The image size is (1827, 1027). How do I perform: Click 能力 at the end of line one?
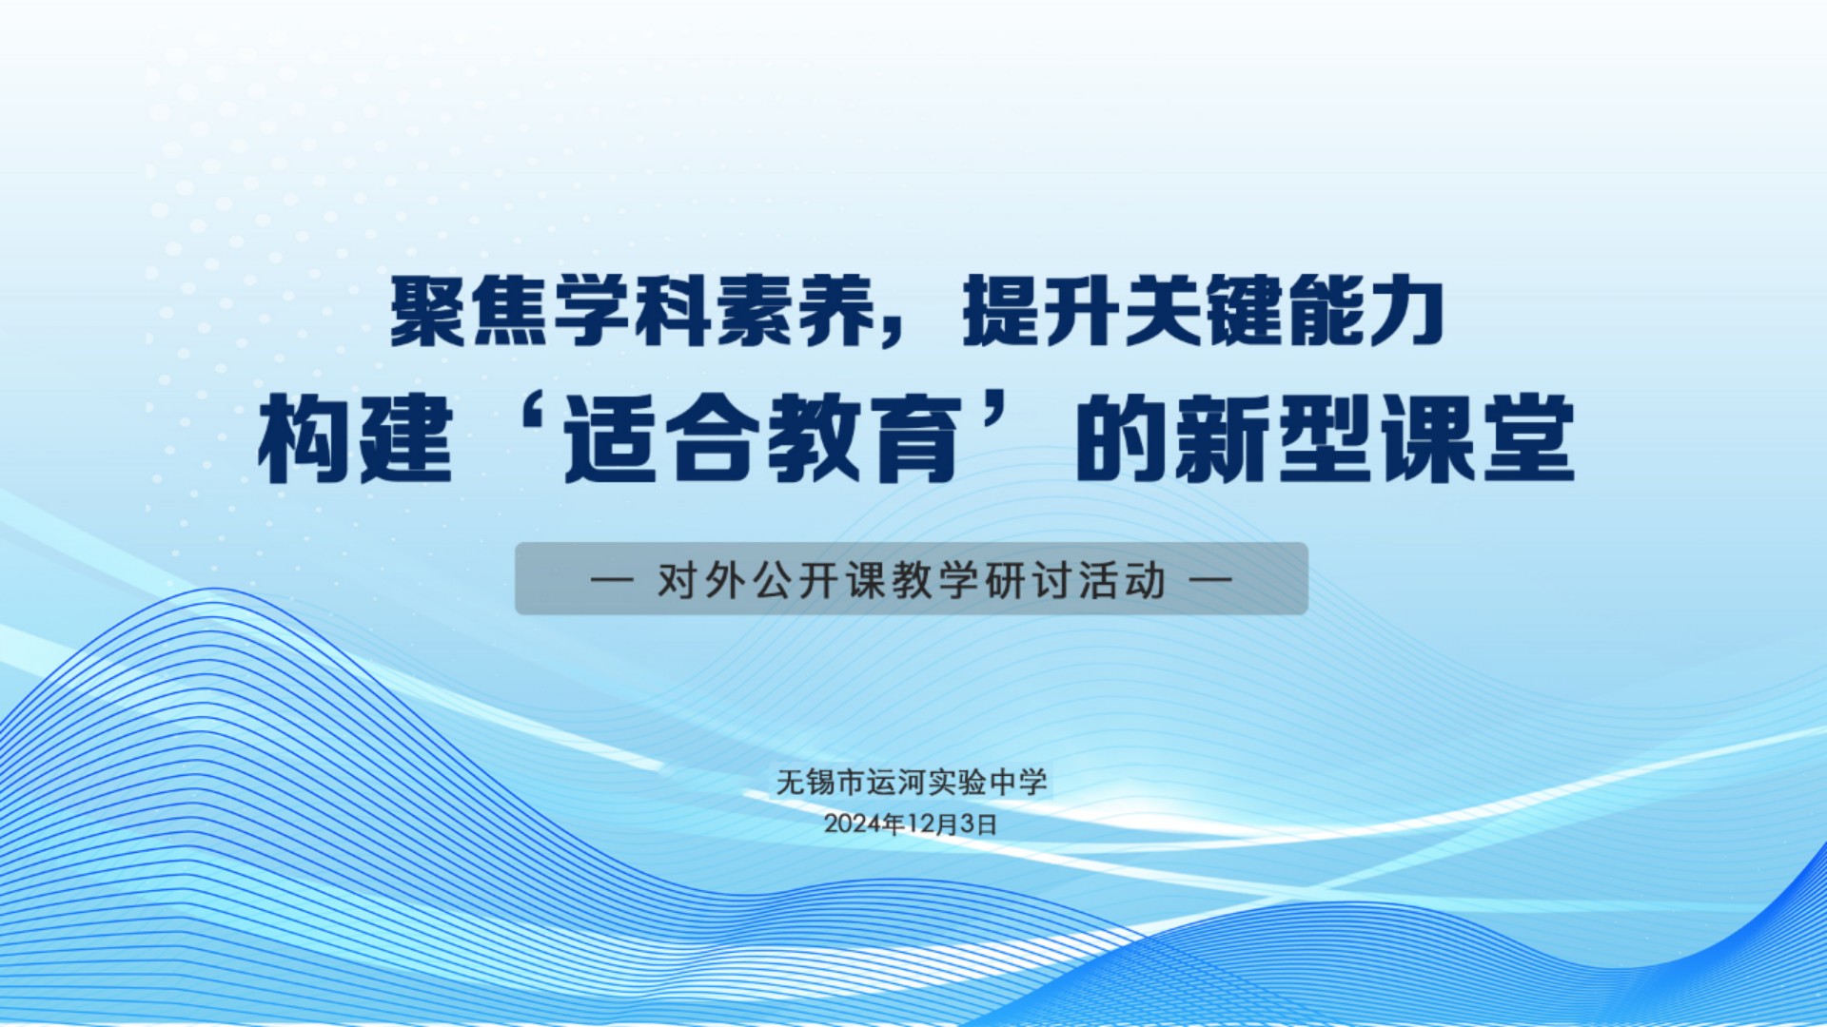[x=1367, y=312]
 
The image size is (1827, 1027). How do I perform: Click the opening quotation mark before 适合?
[x=518, y=419]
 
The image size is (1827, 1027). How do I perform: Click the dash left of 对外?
[x=612, y=579]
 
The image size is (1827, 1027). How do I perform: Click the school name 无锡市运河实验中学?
[x=912, y=782]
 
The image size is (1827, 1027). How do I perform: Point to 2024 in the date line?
[x=853, y=824]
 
